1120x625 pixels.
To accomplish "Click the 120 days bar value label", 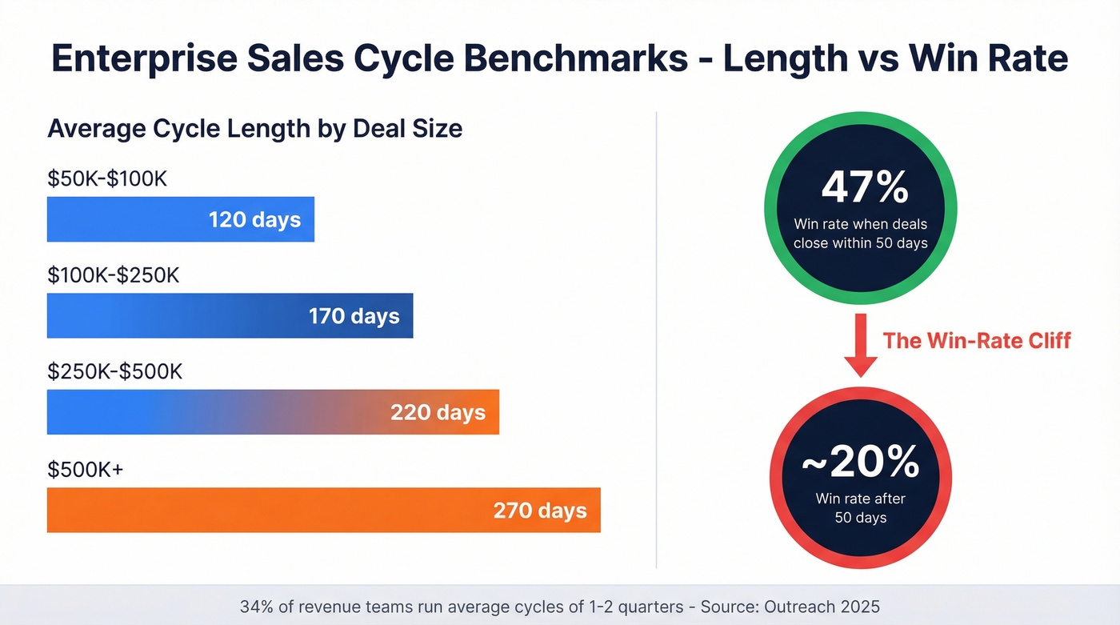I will click(254, 219).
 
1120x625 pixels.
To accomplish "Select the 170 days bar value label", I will click(354, 315).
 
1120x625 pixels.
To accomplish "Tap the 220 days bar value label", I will click(438, 412).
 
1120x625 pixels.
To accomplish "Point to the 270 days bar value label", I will click(540, 510).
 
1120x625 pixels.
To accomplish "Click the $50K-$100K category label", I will click(107, 178).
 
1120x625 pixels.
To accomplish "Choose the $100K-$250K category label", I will click(114, 275).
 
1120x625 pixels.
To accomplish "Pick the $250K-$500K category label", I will click(115, 372).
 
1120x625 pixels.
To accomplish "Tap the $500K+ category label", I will click(86, 470).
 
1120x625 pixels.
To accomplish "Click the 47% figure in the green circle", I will click(864, 187).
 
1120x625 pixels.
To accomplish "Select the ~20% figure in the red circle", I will click(860, 462).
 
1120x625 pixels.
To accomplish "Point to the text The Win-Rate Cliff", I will click(976, 340).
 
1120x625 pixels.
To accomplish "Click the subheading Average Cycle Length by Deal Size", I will click(254, 128).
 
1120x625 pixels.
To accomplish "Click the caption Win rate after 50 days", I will click(860, 507).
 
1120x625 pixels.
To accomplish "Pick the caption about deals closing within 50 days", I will click(860, 233).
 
